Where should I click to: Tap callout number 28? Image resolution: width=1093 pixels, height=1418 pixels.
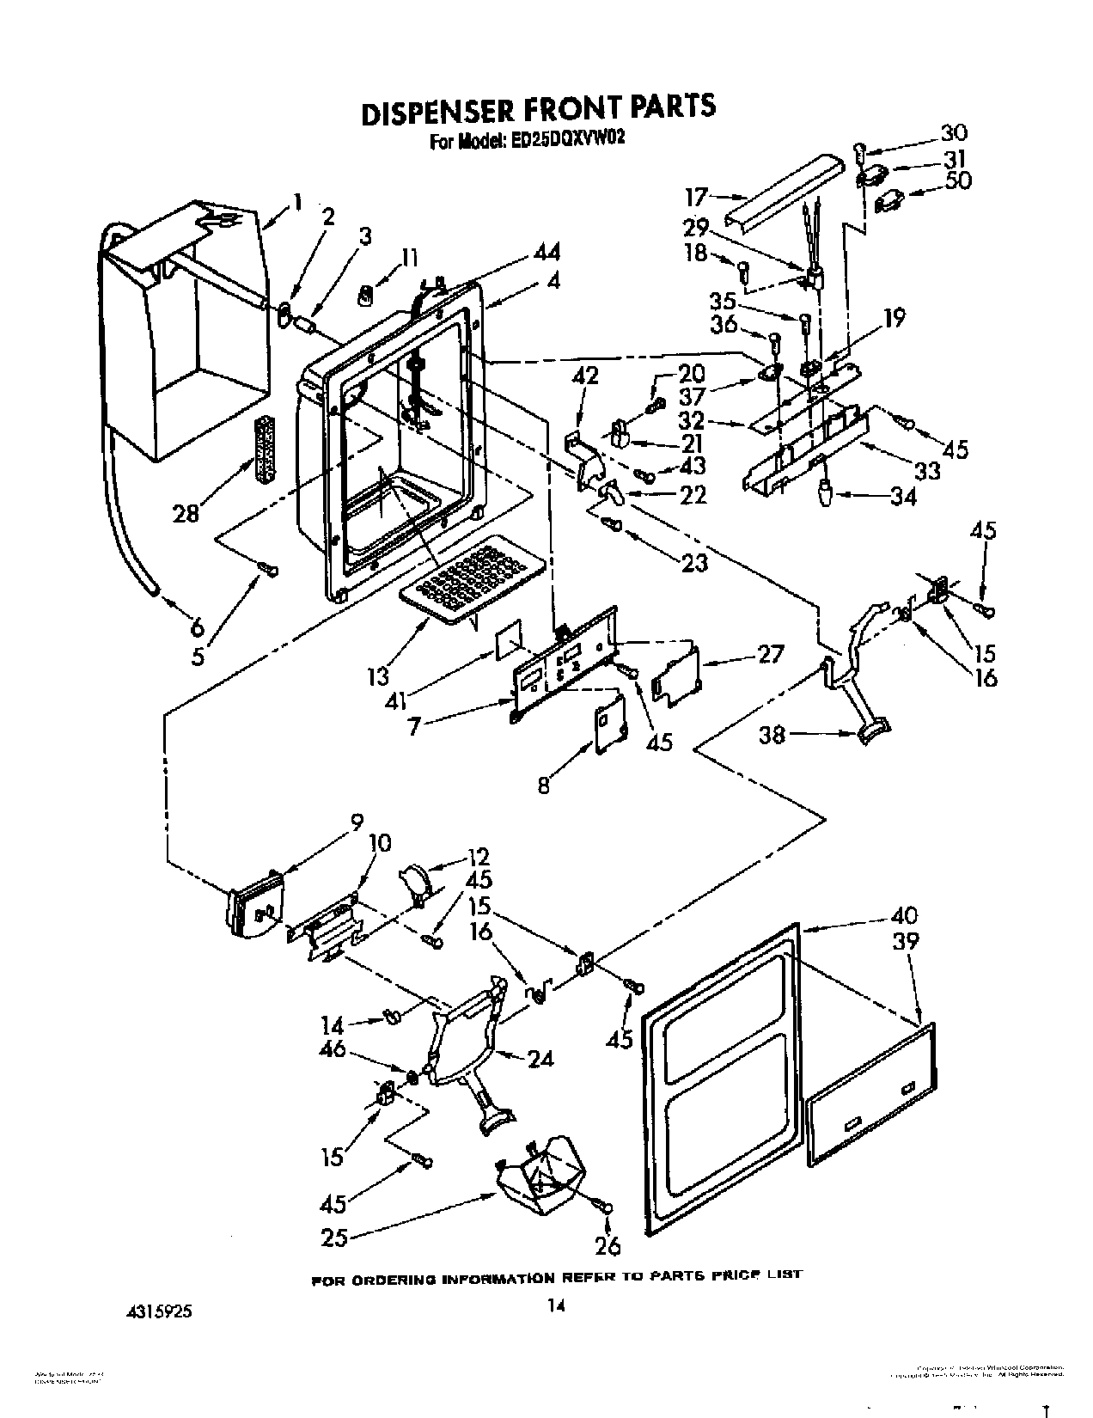[x=186, y=513]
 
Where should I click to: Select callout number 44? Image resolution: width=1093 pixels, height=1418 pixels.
[x=546, y=252]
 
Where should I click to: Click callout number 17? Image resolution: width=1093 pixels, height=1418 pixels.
[x=695, y=198]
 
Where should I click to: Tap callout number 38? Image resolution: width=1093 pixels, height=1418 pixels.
[x=772, y=736]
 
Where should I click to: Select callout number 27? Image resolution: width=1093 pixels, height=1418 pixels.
[x=771, y=655]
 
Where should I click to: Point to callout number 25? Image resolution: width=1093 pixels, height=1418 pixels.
[x=335, y=1238]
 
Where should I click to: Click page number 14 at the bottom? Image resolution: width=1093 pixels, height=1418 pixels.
[x=556, y=1306]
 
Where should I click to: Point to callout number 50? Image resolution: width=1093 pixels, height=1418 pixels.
[x=957, y=181]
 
